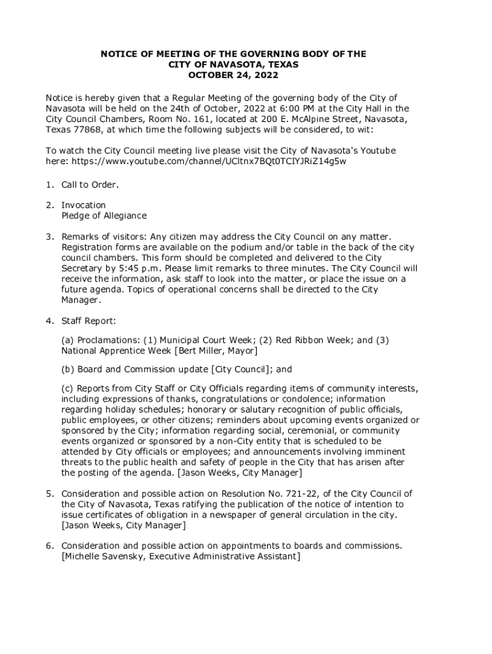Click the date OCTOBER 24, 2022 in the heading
233,75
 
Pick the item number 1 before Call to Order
49,185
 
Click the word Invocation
84,205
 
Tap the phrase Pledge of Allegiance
104,216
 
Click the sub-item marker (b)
68,369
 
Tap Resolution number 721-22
301,494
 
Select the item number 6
49,546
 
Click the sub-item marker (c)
67,388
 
